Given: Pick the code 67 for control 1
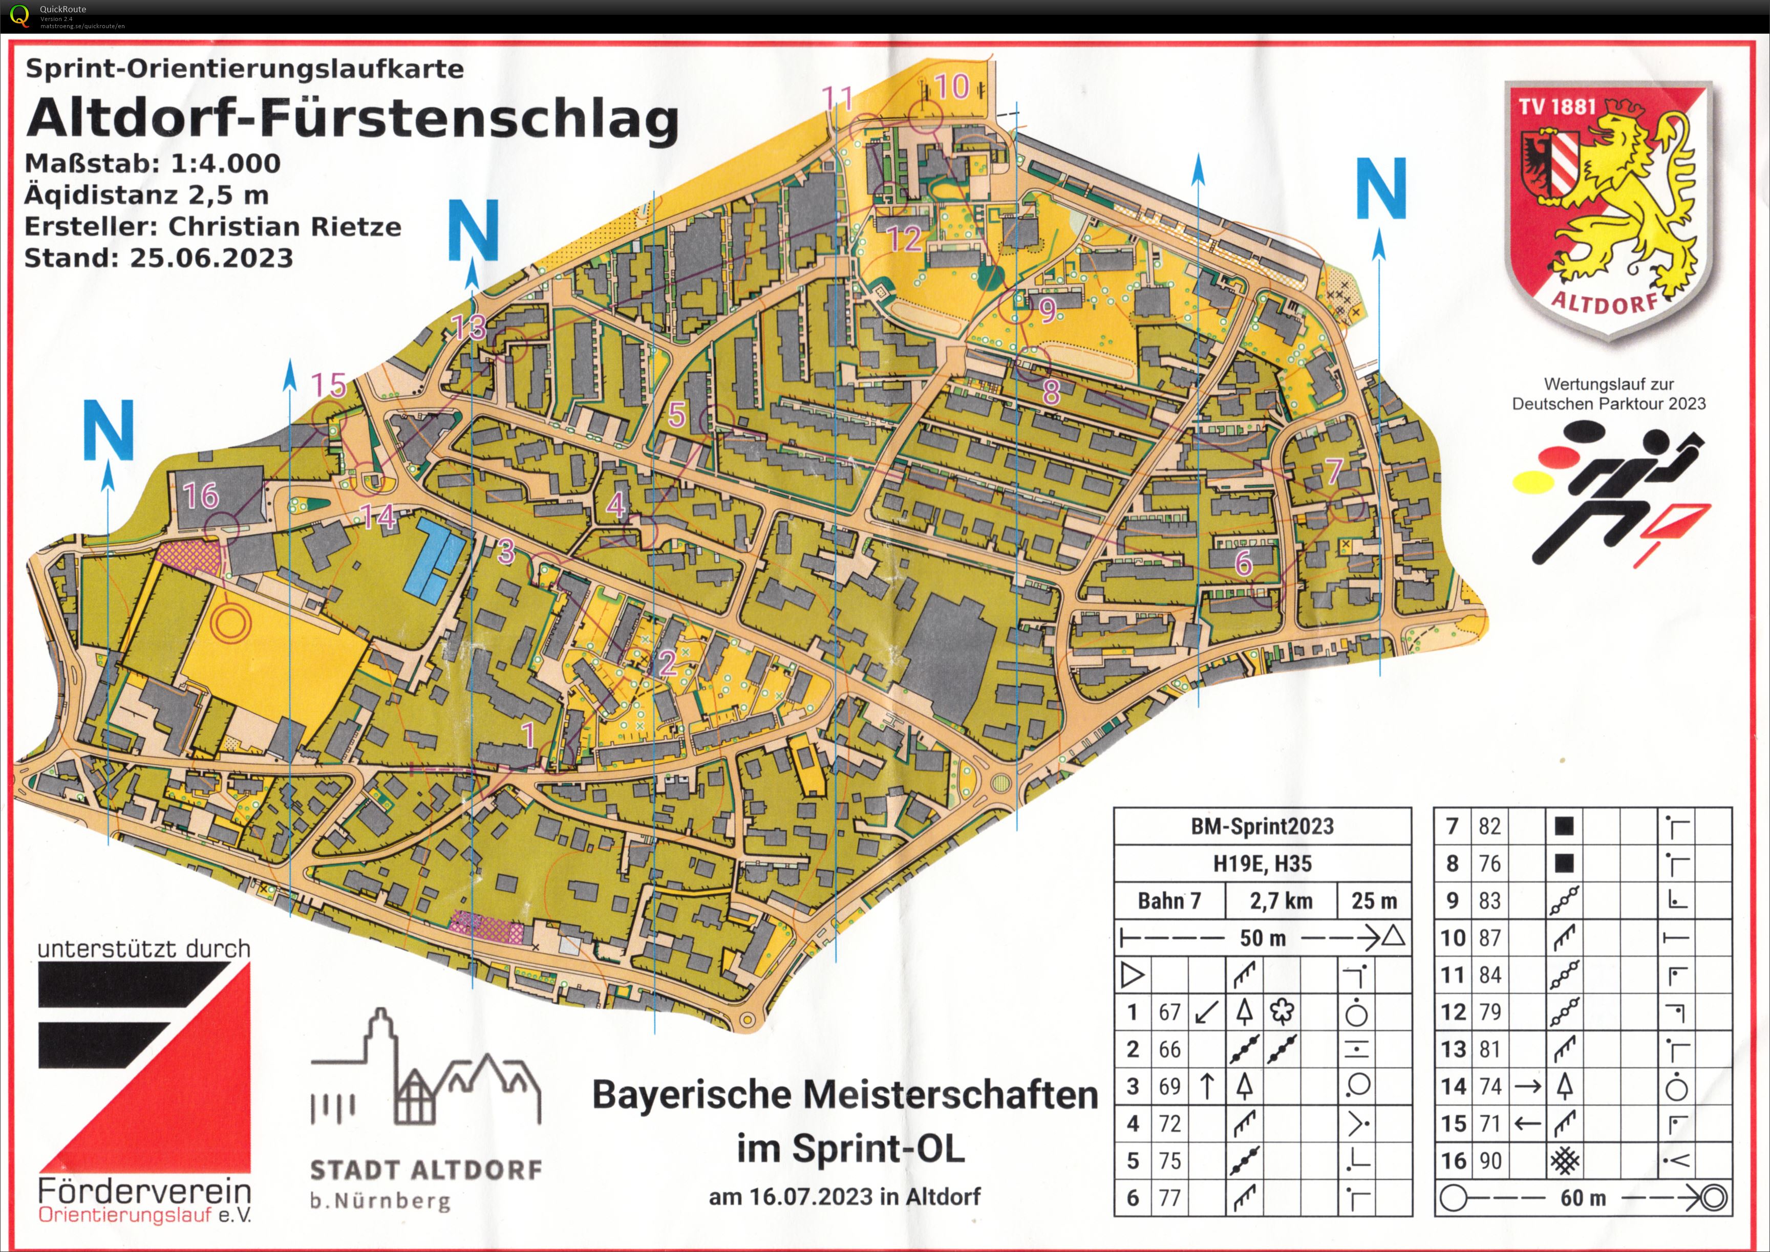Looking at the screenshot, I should pos(1169,1011).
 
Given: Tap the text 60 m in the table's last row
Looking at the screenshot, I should pos(1583,1197).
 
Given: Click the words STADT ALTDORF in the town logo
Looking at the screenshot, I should pos(425,1170).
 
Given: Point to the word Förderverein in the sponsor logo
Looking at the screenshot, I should pos(144,1191).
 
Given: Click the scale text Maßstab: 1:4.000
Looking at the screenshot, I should pos(153,163).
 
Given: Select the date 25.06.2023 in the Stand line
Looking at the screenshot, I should pos(211,257).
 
